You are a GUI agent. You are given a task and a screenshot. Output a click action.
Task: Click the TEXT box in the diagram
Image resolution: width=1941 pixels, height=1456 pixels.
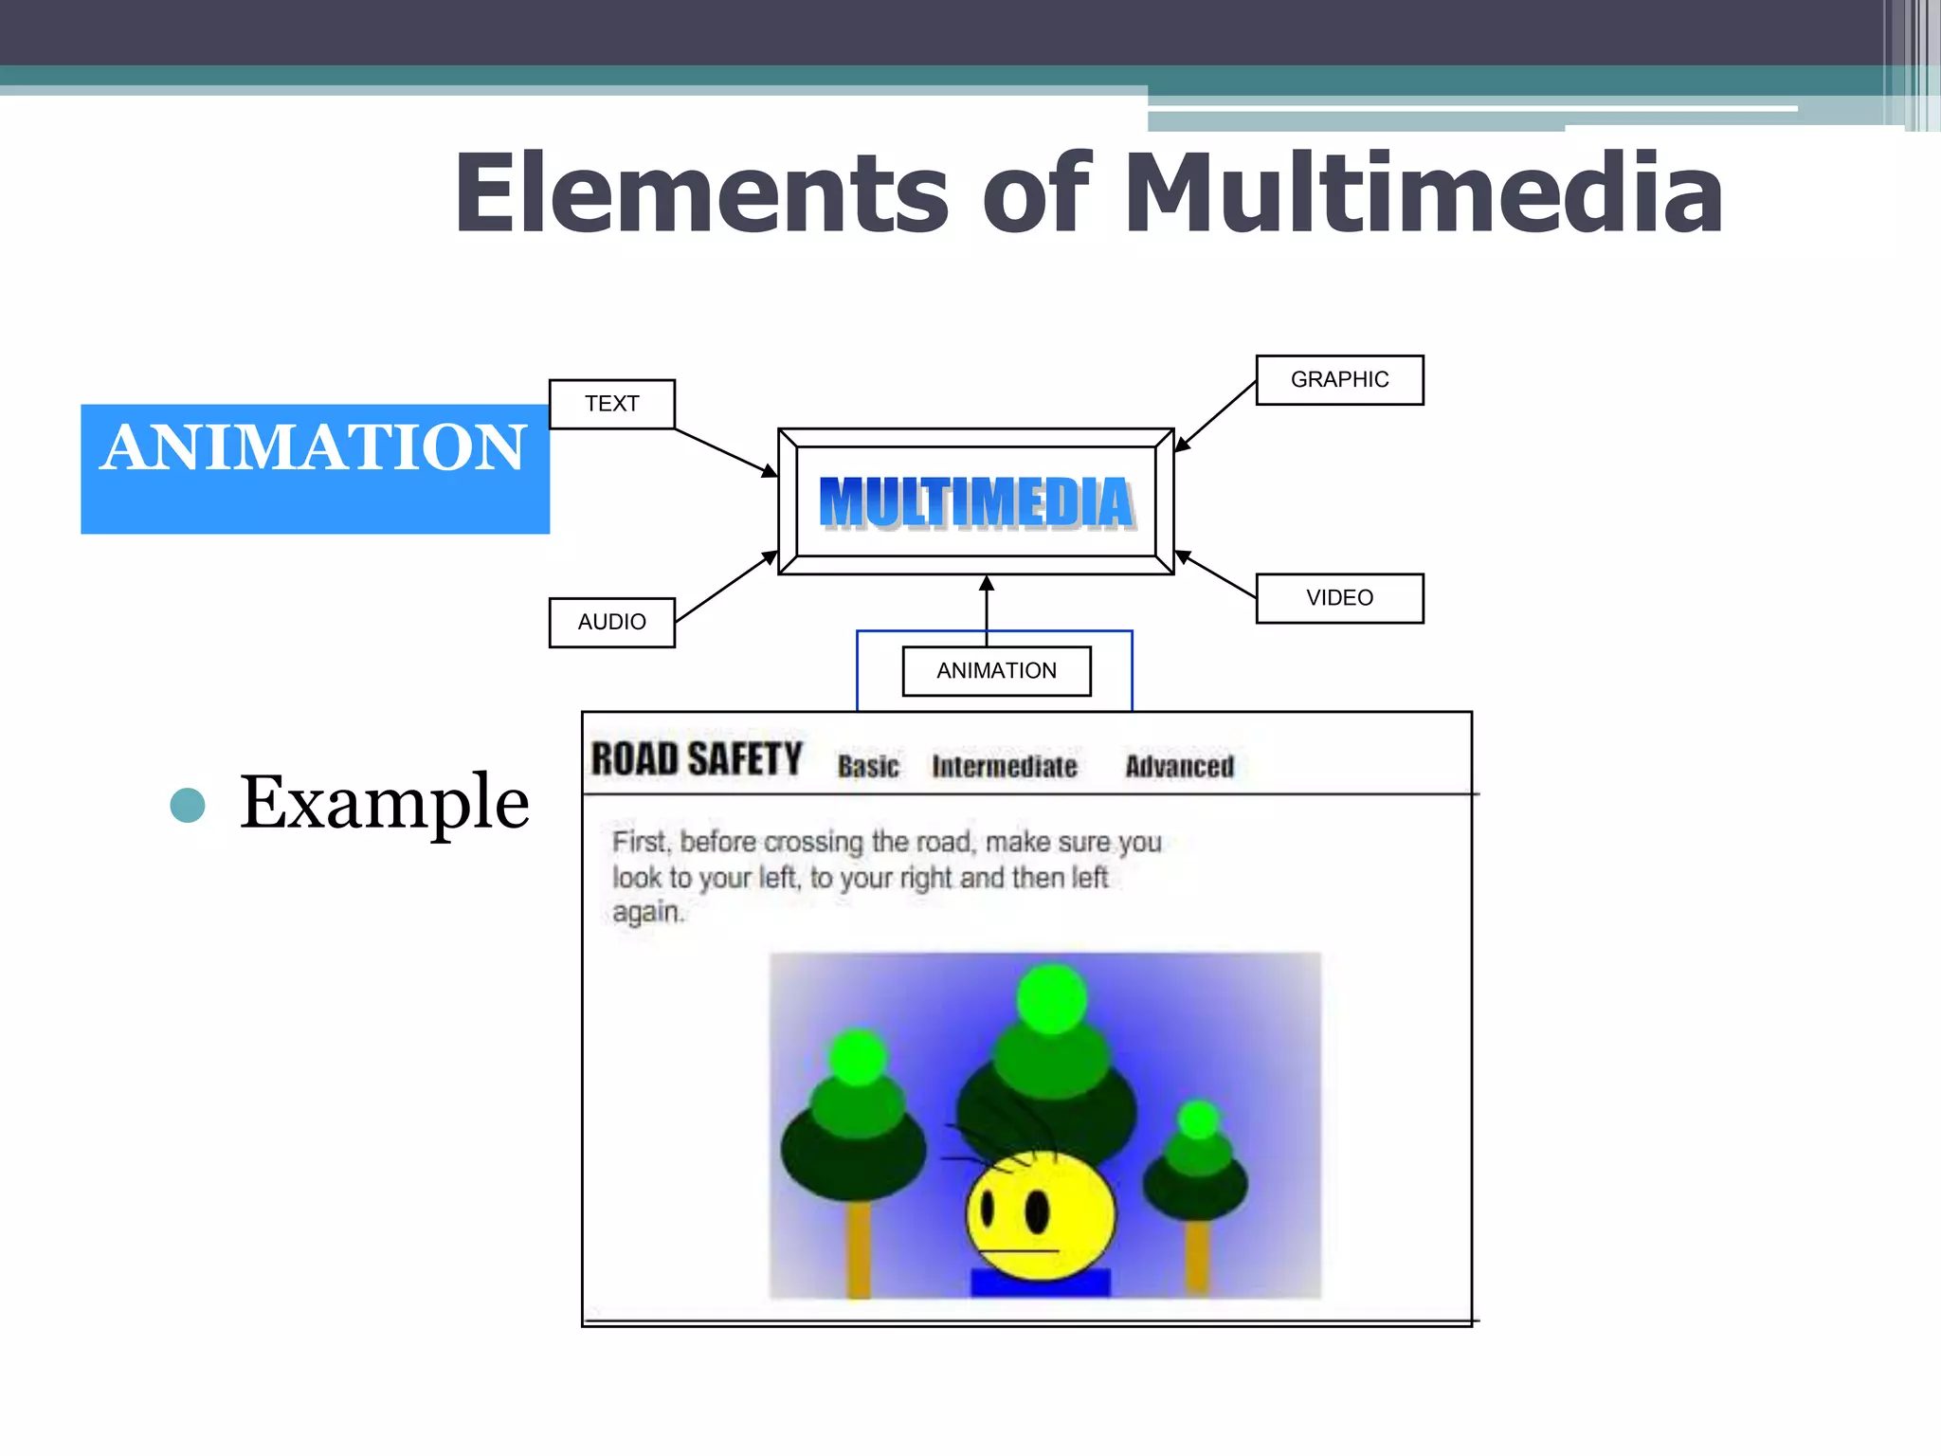coord(611,404)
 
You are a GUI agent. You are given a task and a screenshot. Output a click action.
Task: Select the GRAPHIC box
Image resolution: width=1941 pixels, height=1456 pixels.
coord(1339,380)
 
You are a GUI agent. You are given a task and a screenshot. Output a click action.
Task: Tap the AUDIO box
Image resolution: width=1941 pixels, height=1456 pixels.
coord(611,622)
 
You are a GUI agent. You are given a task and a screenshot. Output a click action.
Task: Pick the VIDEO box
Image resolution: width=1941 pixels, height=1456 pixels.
coord(1339,598)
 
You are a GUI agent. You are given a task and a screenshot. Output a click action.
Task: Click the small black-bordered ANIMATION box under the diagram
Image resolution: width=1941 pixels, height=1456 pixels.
coord(996,671)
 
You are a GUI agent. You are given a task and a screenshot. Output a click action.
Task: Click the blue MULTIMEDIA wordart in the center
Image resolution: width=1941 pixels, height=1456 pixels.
coord(976,502)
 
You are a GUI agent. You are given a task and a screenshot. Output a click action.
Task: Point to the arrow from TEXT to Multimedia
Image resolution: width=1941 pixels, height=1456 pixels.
coord(725,451)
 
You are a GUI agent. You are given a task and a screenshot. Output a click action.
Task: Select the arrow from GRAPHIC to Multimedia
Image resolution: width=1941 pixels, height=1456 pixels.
coord(1216,415)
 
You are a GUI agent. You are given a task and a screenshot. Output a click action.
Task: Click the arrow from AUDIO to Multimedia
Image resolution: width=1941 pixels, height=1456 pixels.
coord(725,587)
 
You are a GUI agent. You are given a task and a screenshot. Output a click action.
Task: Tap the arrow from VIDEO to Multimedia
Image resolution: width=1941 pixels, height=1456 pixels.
coord(1216,574)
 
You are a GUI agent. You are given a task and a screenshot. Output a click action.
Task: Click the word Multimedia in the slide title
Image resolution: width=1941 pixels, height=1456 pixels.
coord(1422,194)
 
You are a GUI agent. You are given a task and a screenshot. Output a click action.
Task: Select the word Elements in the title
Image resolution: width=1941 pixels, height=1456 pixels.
coord(701,194)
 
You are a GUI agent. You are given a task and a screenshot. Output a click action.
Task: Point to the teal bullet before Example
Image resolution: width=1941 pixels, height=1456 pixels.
coord(188,805)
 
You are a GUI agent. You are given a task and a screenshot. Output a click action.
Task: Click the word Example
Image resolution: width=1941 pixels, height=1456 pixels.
coord(384,803)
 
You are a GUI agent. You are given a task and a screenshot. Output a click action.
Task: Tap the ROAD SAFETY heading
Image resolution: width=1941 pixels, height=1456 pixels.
coord(697,760)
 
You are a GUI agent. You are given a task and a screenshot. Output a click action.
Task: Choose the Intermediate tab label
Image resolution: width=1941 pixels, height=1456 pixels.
coord(1004,766)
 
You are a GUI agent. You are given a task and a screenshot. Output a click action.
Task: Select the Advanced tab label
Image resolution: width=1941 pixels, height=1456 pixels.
coord(1179,766)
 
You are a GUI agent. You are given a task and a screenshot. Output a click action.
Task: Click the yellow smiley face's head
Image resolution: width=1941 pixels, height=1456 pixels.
coord(1041,1213)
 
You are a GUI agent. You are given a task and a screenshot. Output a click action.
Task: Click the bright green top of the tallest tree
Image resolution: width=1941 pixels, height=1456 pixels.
coord(1051,998)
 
